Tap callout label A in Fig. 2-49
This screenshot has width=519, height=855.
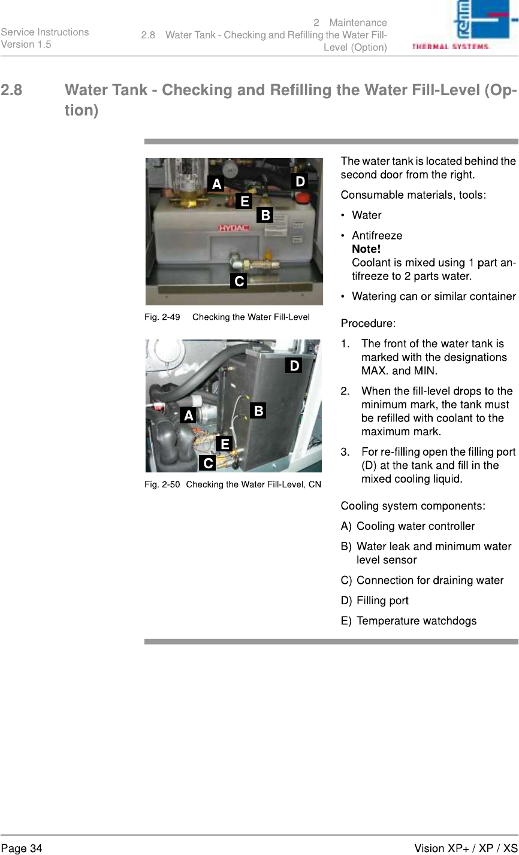coord(216,183)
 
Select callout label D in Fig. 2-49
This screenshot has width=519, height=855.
coord(300,180)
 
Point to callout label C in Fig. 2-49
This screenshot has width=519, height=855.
coord(239,280)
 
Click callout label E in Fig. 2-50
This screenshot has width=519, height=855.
coord(224,444)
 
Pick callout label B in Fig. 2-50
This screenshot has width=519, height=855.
coord(258,411)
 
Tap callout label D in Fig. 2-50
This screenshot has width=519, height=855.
coord(293,365)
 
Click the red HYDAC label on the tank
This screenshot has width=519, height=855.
coord(234,228)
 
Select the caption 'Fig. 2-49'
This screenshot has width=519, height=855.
coord(162,317)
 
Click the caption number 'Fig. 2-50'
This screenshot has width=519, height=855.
coord(162,484)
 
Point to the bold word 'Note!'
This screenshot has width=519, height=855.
coord(366,249)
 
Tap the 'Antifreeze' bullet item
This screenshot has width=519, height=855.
coord(377,236)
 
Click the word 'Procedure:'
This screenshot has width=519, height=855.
coord(368,324)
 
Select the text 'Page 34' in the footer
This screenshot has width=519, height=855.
coord(22,848)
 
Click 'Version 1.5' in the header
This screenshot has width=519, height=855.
coord(26,44)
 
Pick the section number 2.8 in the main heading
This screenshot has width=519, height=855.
coord(12,91)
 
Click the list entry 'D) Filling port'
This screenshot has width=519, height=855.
coord(375,601)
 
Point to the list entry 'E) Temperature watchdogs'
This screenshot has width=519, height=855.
coord(409,621)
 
